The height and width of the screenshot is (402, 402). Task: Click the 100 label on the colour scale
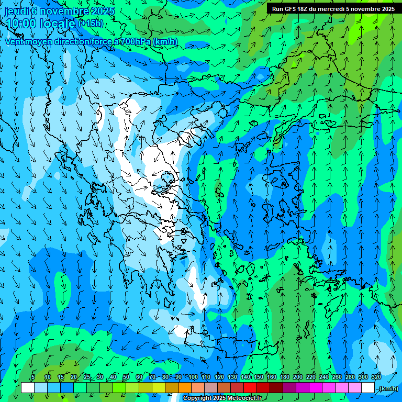(x=193, y=377)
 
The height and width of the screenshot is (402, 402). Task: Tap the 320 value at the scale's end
(x=376, y=377)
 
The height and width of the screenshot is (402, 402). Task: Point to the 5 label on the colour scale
(x=33, y=377)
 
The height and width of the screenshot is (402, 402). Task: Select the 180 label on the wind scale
(x=285, y=377)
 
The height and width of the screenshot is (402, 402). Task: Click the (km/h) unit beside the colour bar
(x=388, y=388)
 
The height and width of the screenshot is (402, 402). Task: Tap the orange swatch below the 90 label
(x=185, y=388)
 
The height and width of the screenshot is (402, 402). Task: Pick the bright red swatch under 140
(x=250, y=388)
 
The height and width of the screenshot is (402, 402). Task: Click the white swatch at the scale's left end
(x=28, y=388)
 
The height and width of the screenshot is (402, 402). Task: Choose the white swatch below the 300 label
(x=368, y=388)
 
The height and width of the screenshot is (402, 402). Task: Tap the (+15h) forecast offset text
(x=90, y=24)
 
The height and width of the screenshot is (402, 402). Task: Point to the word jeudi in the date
(x=16, y=11)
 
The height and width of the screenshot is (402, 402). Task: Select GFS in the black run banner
(x=290, y=9)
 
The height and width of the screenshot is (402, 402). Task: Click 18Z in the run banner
(x=303, y=9)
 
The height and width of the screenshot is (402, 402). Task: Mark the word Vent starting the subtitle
(x=15, y=41)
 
